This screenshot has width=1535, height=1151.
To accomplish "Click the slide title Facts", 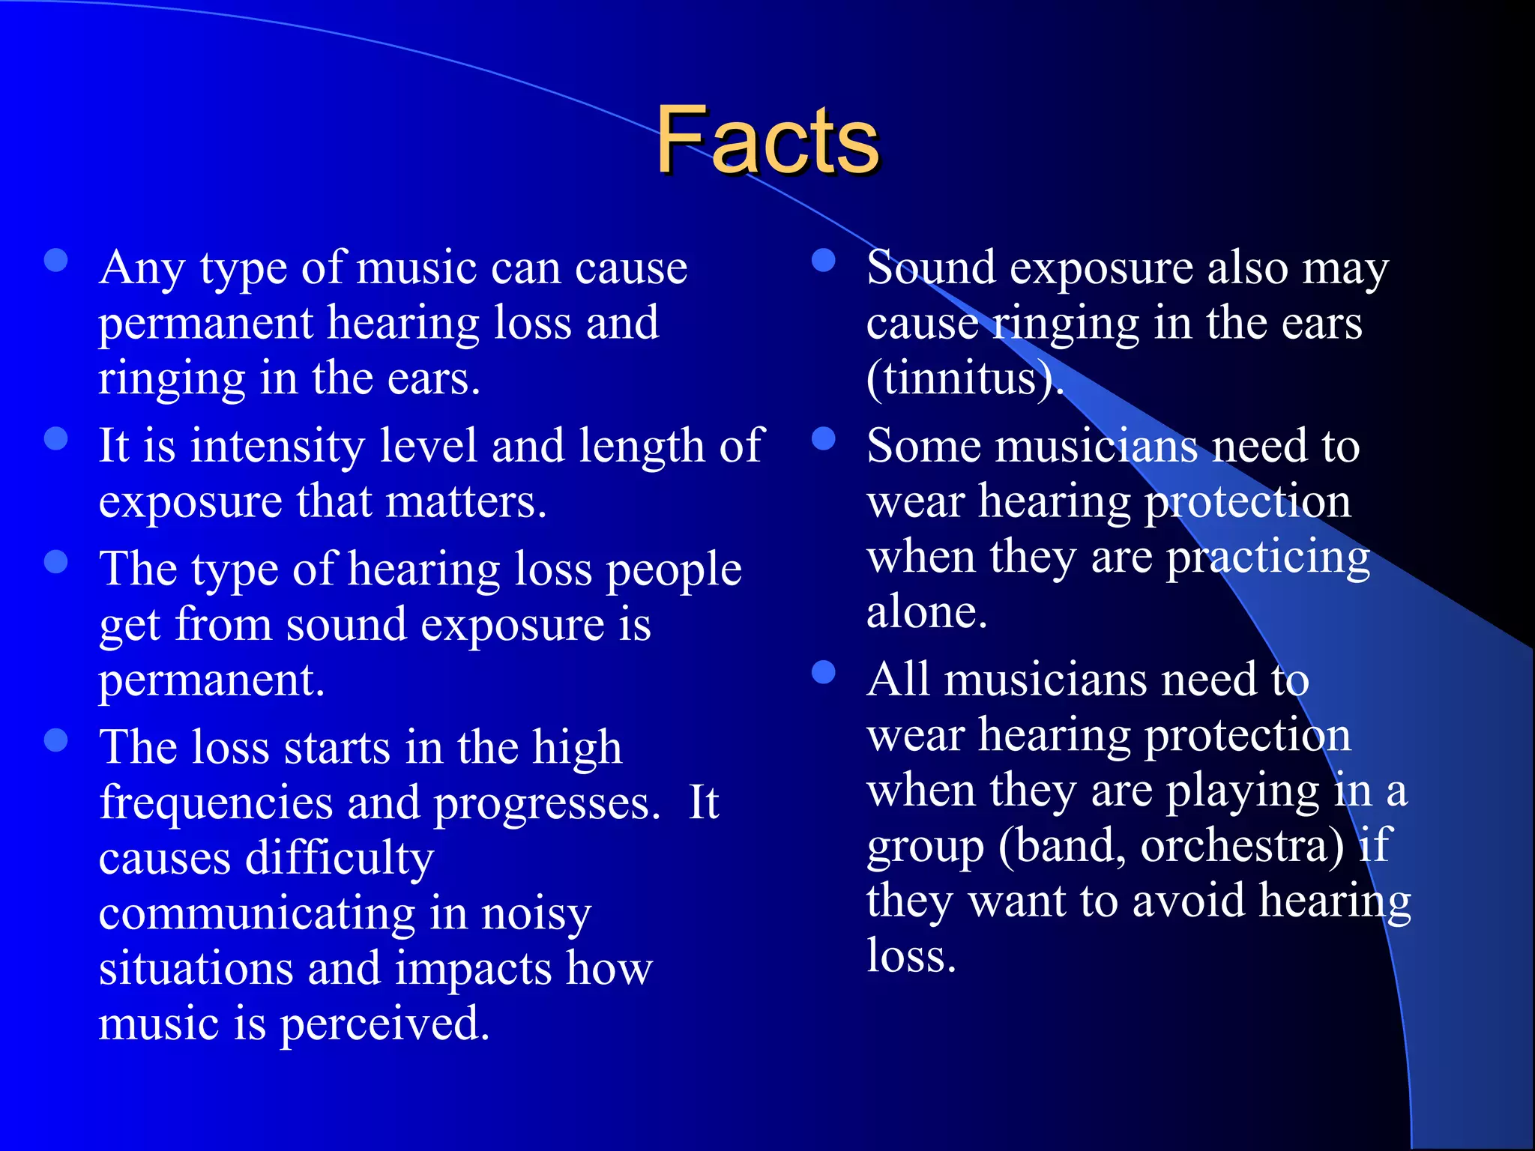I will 767,140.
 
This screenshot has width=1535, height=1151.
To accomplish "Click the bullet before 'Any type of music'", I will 56,260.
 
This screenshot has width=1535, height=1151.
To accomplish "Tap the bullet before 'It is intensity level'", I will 56,438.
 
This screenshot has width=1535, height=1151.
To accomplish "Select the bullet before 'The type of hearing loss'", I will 56,561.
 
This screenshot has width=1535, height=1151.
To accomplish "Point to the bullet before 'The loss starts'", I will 56,740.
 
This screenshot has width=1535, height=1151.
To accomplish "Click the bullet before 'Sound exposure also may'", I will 824,260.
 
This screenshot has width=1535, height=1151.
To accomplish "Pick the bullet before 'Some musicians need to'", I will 824,438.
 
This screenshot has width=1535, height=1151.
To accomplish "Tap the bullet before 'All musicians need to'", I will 824,672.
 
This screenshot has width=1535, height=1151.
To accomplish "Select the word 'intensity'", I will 277,447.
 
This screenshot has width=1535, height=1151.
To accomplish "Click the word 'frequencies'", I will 216,803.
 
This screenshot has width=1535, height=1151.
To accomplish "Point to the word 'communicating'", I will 256,914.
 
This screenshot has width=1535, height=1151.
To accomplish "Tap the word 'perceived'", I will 384,1025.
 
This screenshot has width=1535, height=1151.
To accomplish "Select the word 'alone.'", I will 926,613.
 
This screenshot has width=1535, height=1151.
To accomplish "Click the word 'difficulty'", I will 340,859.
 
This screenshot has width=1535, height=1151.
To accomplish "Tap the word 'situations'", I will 196,970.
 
